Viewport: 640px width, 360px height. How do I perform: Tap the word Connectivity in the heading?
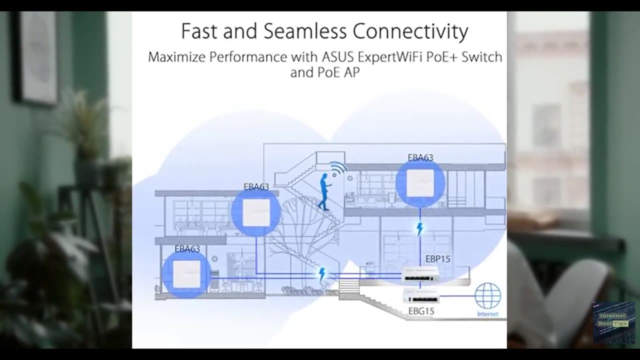point(410,31)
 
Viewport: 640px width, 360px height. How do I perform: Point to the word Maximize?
point(176,57)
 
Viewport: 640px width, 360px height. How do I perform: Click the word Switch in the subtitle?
point(481,57)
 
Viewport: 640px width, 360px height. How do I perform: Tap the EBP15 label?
point(437,259)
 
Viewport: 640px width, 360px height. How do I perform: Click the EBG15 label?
point(421,311)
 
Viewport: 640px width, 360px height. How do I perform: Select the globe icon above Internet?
point(487,295)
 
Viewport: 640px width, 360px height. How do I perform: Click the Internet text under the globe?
point(487,314)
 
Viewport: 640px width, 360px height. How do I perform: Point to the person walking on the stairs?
point(324,192)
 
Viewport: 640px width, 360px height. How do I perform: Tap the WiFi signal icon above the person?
point(338,169)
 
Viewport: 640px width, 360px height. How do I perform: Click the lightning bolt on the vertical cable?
point(420,229)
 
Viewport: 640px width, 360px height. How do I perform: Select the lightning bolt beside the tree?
point(322,274)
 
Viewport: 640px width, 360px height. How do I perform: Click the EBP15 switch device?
point(420,273)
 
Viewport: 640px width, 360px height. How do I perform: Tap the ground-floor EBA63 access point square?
point(186,274)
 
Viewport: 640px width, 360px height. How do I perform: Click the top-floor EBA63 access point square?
point(420,183)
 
